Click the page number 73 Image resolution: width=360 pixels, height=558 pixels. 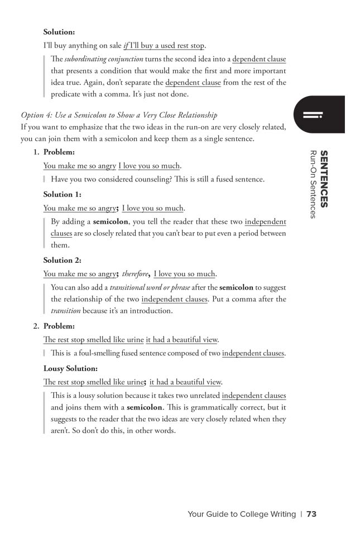tap(311, 514)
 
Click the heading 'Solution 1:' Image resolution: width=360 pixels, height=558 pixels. tap(63, 194)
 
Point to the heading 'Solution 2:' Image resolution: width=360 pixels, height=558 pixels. tap(63, 259)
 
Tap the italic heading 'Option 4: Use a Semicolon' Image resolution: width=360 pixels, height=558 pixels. tap(119, 115)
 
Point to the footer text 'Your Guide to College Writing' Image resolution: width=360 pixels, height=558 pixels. tap(242, 514)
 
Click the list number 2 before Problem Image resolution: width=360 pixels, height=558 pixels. tap(36, 325)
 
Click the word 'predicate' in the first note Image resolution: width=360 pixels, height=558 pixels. tap(67, 94)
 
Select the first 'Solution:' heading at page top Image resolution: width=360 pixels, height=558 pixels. tap(59, 32)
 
